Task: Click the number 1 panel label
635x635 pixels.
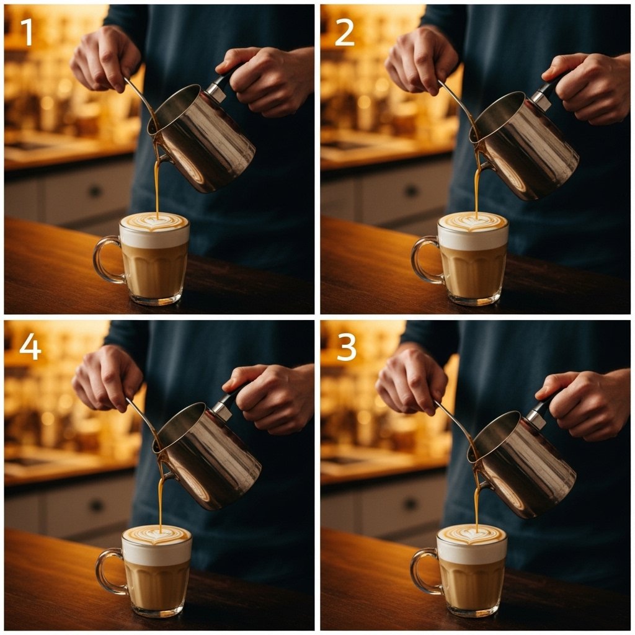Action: tap(27, 32)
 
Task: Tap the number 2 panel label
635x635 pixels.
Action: tap(345, 32)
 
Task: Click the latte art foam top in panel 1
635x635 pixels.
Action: tap(154, 223)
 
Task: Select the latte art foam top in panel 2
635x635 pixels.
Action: tap(473, 223)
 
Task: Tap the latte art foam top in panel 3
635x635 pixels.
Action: tap(472, 534)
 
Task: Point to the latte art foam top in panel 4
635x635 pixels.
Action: tap(157, 535)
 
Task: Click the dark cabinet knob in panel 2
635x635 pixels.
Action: tap(412, 190)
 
